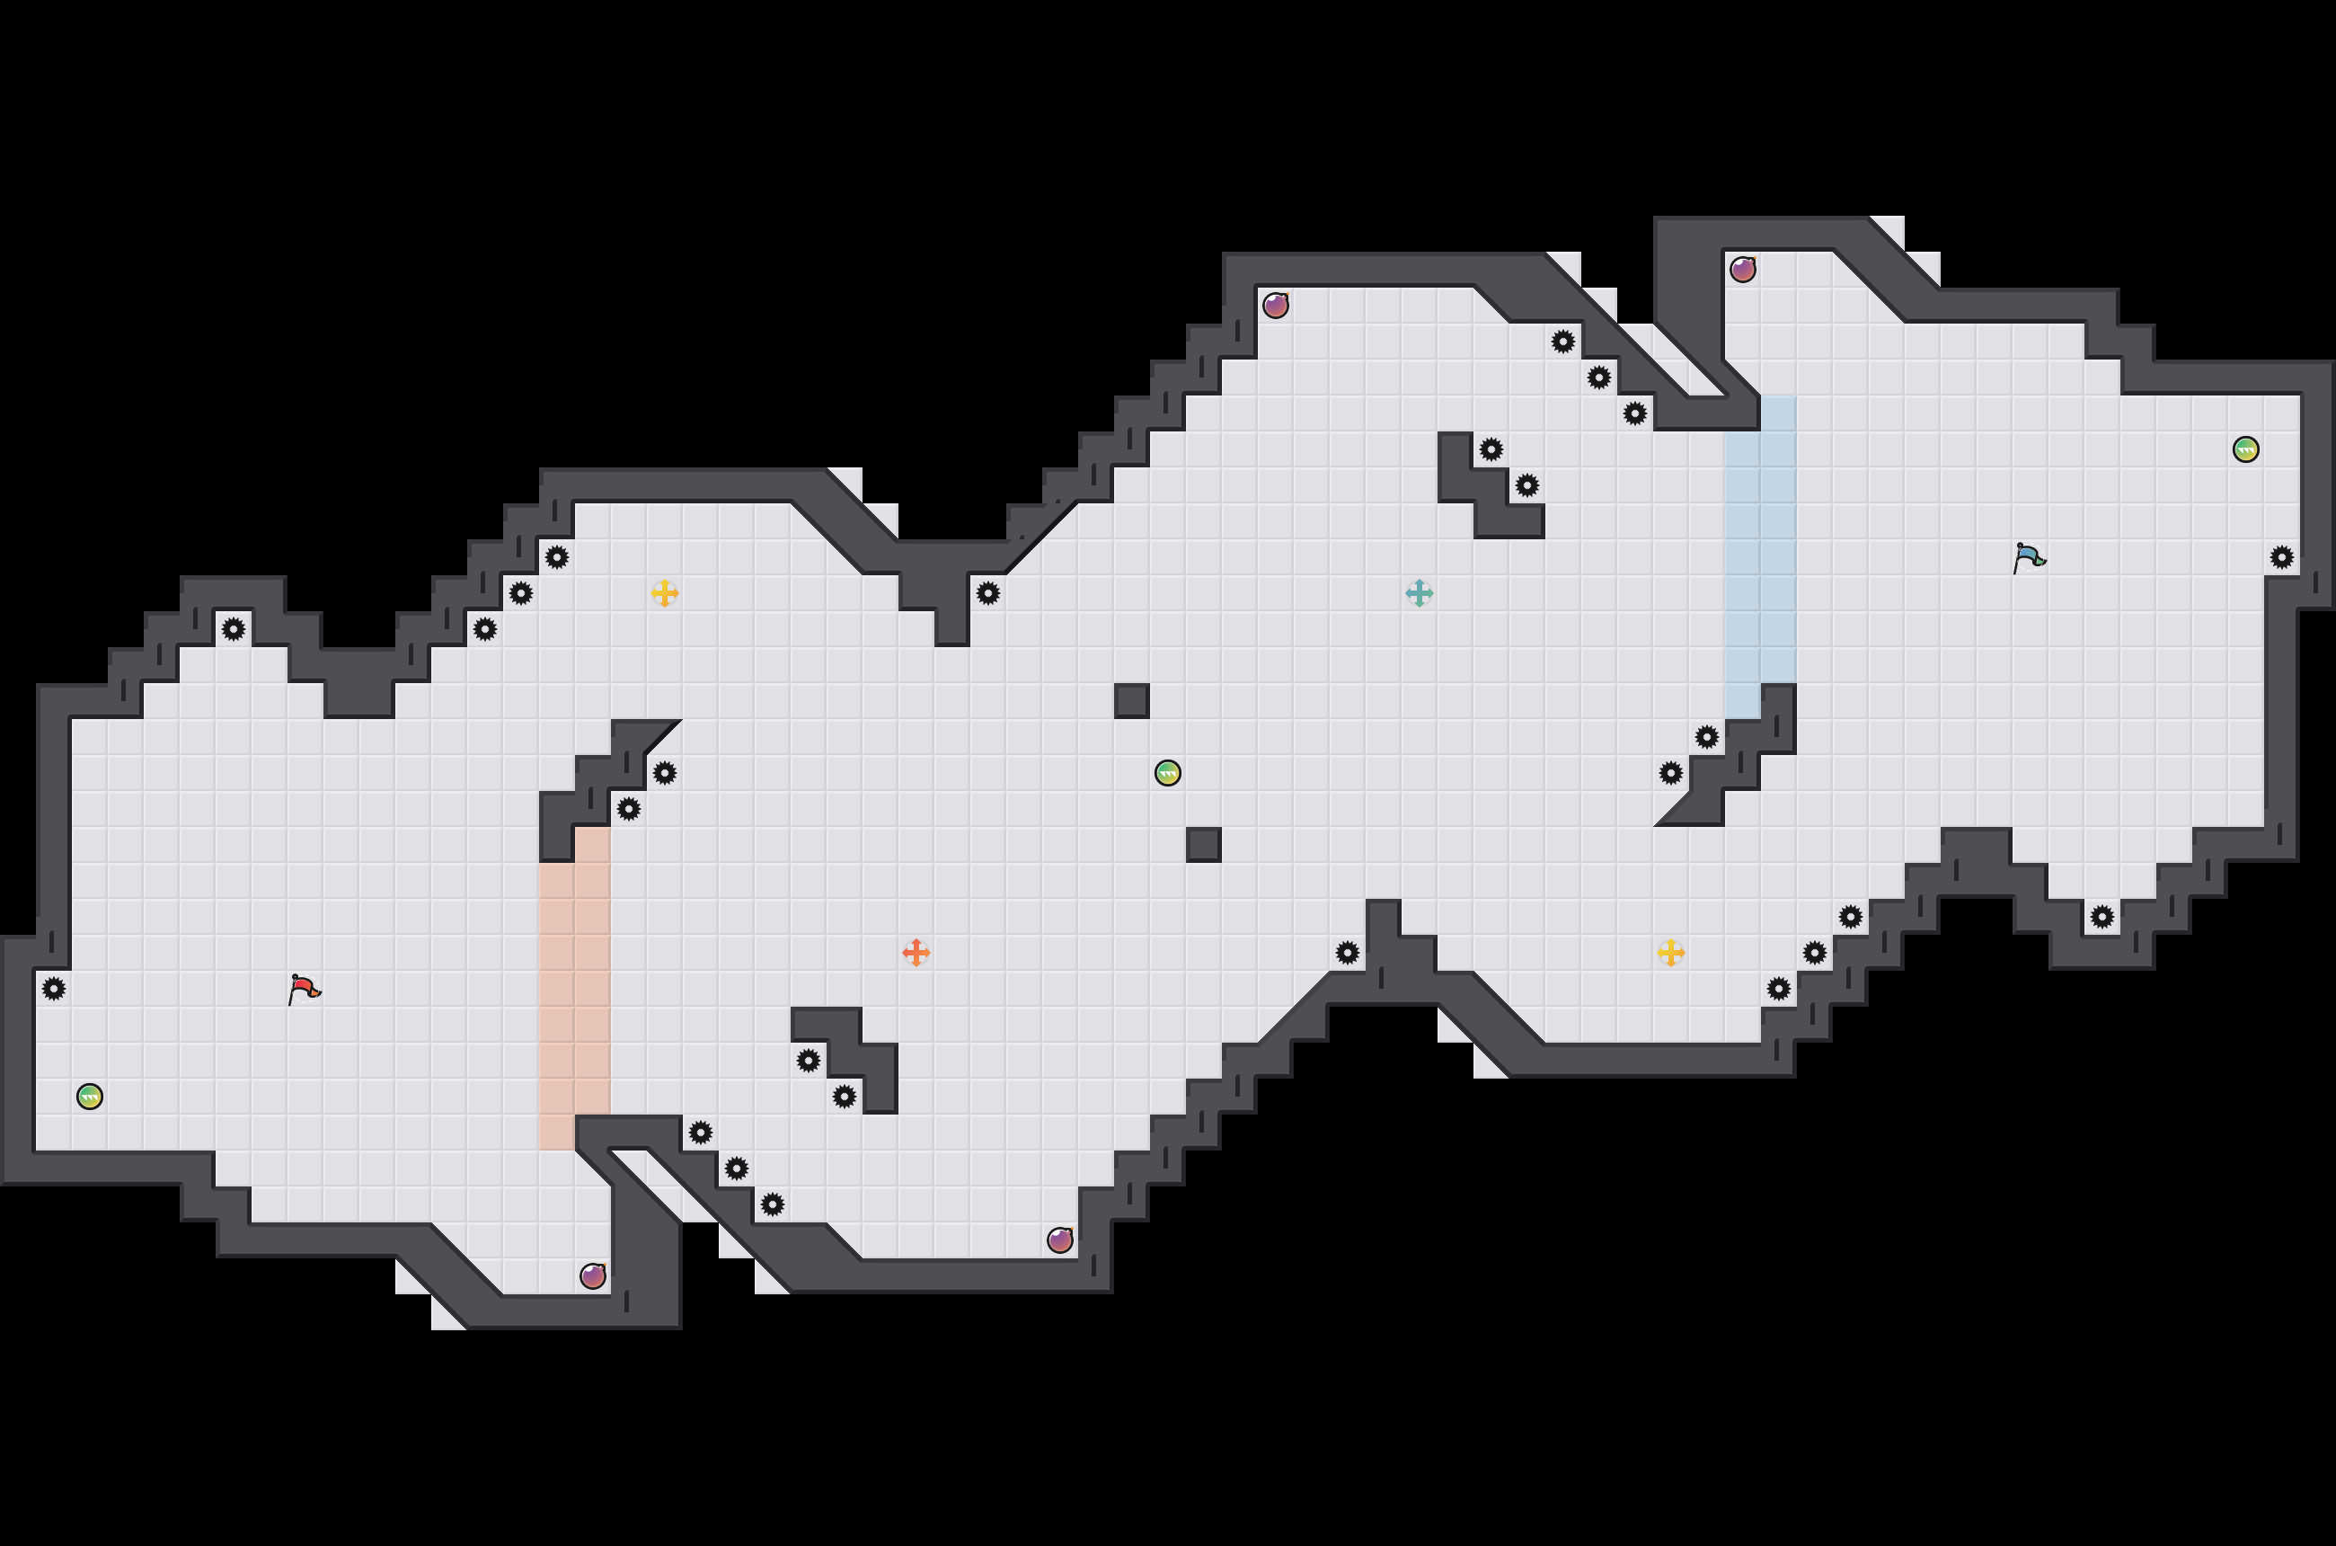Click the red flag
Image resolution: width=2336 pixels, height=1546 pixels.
click(304, 988)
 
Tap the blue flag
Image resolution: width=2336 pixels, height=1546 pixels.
click(2029, 557)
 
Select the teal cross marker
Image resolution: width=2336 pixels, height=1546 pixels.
click(1419, 592)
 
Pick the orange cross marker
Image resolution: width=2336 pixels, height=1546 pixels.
click(916, 953)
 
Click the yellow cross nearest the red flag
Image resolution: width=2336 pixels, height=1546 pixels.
click(664, 592)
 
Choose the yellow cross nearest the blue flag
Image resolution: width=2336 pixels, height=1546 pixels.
click(1670, 953)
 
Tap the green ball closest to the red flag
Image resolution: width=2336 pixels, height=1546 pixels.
click(90, 1097)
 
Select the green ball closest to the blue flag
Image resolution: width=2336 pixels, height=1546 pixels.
click(2245, 449)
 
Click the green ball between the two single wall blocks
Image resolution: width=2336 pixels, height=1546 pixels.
click(1167, 773)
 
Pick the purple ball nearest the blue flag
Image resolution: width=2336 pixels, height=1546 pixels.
click(1743, 269)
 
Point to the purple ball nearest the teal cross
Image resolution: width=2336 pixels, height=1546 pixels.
click(1276, 306)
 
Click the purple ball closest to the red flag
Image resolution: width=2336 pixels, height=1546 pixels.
click(592, 1275)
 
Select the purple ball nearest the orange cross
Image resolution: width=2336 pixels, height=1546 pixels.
click(1059, 1239)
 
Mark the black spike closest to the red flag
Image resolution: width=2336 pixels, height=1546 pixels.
click(54, 988)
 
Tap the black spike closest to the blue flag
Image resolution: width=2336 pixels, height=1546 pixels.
click(2281, 558)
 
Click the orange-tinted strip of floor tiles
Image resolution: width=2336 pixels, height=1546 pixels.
click(575, 989)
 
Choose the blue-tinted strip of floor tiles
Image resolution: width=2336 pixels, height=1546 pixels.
click(1759, 557)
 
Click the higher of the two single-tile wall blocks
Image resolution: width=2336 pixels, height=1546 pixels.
click(1131, 701)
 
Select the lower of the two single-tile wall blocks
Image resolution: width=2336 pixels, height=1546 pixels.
click(1203, 845)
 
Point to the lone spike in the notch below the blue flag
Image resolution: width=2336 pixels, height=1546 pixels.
click(2102, 917)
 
